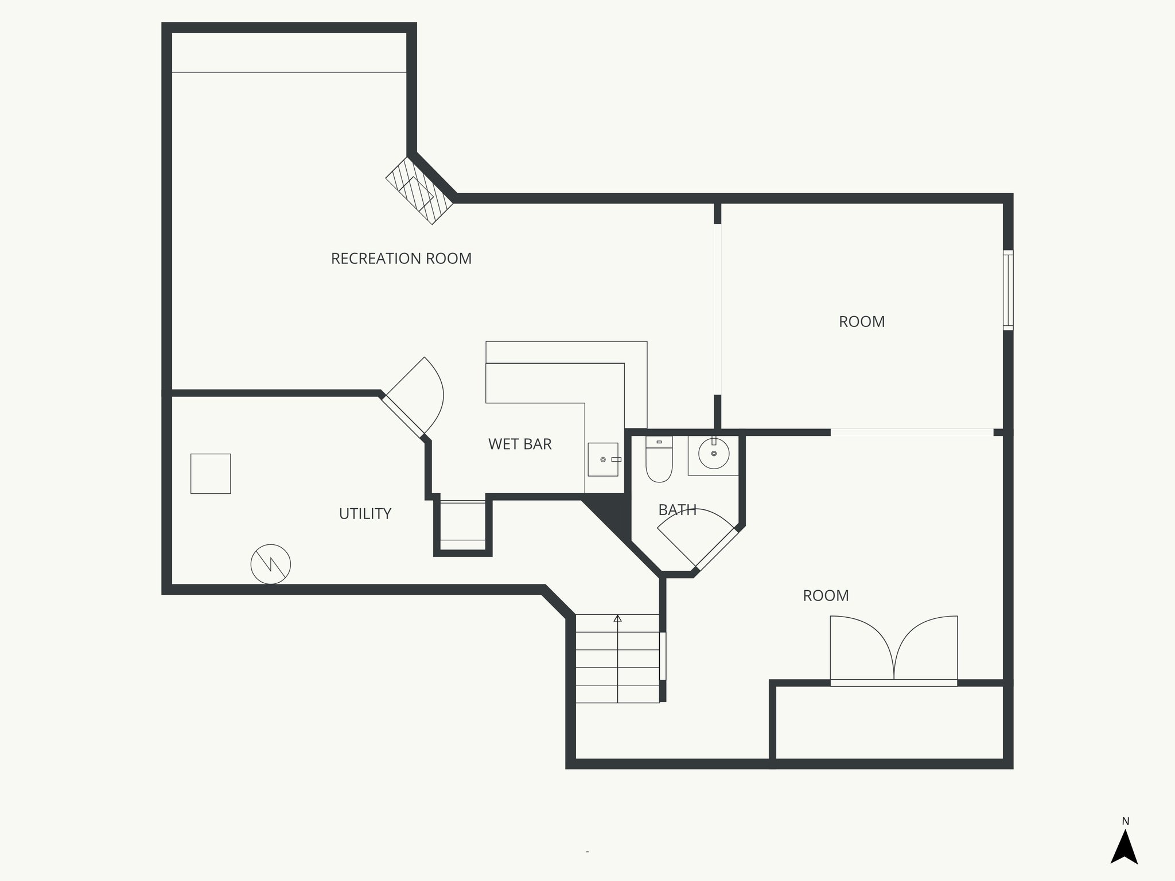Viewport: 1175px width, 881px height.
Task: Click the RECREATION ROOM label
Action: point(401,259)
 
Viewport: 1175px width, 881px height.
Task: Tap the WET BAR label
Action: point(520,444)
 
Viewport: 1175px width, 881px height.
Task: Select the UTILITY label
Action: point(365,514)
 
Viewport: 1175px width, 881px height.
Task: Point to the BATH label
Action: point(677,510)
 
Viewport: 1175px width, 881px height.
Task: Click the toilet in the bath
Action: point(659,461)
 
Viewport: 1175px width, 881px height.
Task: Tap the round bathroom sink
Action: point(714,454)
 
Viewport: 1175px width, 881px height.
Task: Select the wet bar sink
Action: point(603,459)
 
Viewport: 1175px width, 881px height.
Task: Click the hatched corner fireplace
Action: point(419,191)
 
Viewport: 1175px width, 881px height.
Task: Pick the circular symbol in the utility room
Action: point(271,564)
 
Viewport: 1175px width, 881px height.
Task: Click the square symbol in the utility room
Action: point(211,474)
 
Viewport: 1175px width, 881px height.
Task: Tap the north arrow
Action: point(1124,848)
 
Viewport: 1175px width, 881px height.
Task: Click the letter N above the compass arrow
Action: point(1125,821)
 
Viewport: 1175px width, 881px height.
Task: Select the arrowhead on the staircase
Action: point(617,618)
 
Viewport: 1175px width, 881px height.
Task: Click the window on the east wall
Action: point(1008,290)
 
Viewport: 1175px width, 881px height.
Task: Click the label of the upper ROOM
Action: point(861,322)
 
